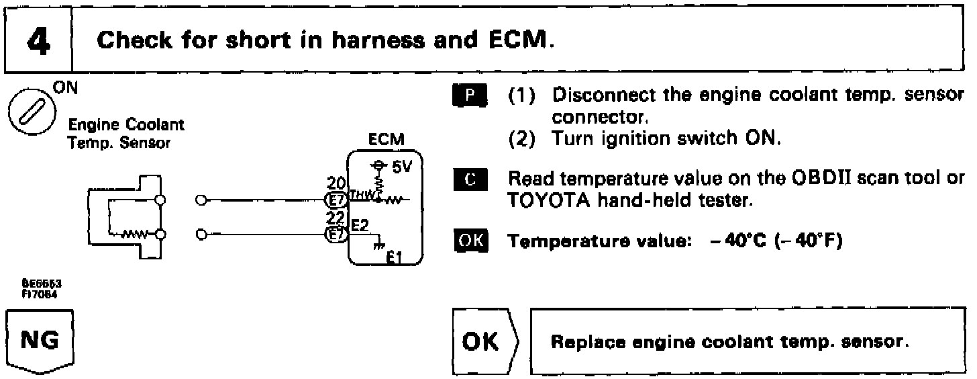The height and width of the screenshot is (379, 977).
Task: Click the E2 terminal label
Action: [360, 226]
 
